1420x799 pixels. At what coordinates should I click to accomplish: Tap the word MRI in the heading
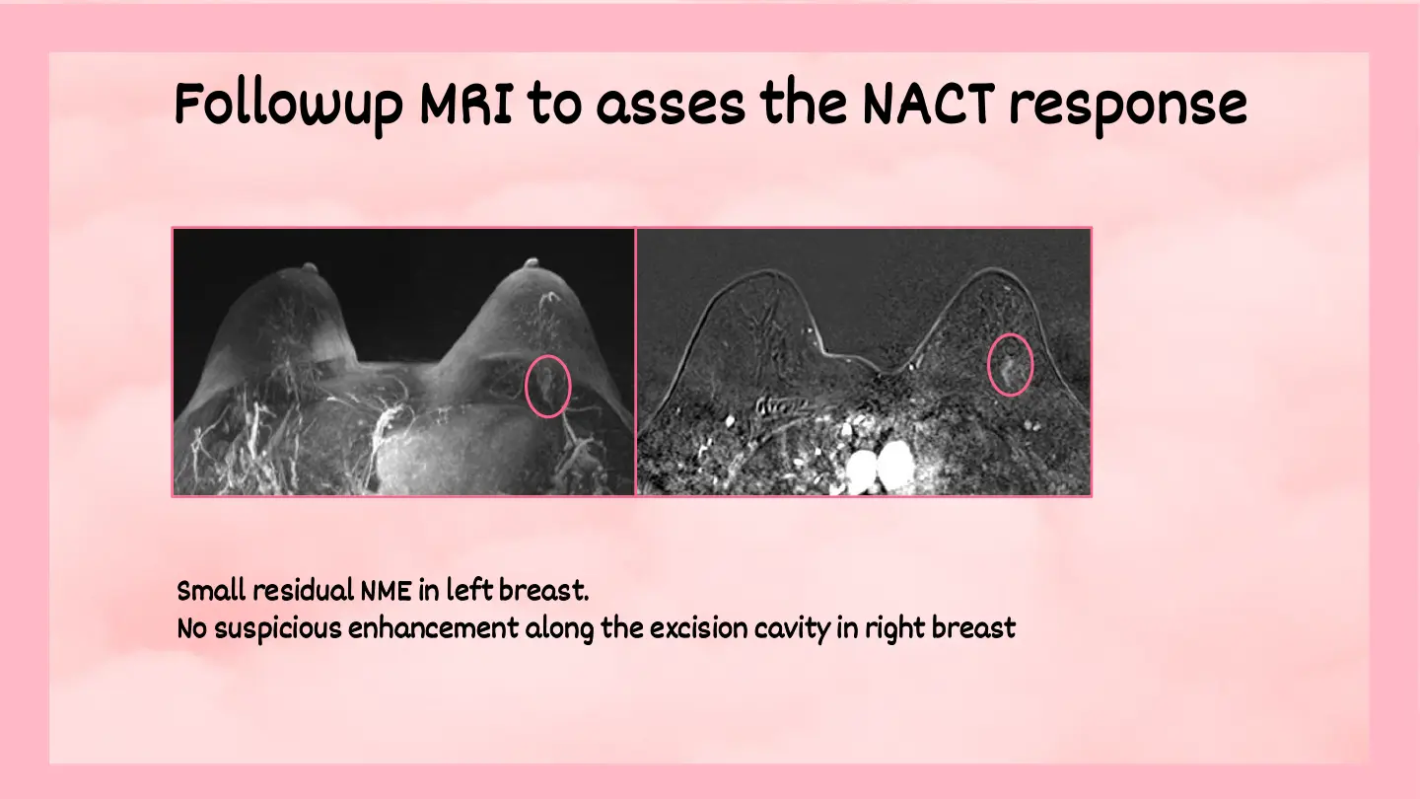pyautogui.click(x=465, y=104)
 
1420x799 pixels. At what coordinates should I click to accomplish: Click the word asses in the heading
pyautogui.click(x=671, y=106)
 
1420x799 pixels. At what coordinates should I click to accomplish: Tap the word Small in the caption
pyautogui.click(x=211, y=590)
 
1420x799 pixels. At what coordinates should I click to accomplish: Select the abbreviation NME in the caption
pyautogui.click(x=386, y=592)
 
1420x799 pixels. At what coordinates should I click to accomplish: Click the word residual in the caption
pyautogui.click(x=304, y=590)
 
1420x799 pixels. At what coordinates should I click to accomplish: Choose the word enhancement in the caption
pyautogui.click(x=434, y=628)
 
